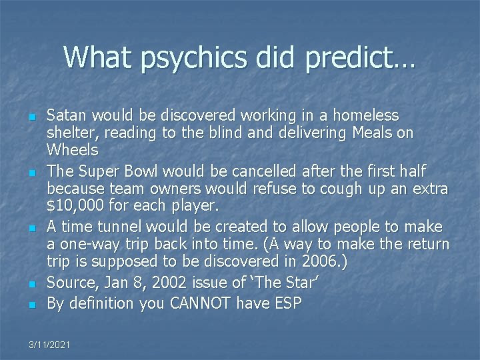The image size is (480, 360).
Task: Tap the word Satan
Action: tap(65, 116)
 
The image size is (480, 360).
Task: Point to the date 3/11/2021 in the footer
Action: tap(50, 344)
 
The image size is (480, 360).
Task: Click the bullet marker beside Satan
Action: tap(33, 117)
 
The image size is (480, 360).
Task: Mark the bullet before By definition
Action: tap(33, 305)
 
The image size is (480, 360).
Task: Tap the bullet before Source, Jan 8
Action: tap(33, 285)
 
